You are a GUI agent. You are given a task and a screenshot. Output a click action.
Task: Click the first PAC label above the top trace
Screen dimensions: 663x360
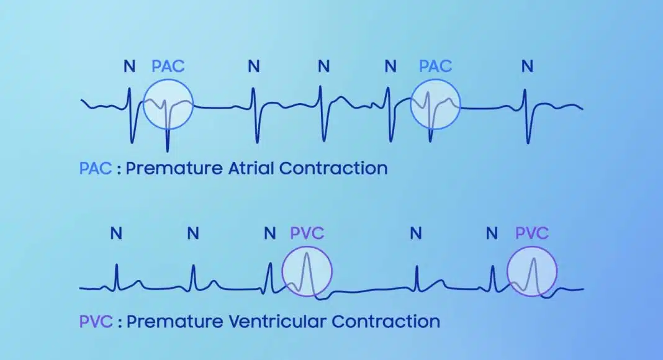168,66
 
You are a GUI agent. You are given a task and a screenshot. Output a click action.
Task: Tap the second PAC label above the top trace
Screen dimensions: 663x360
435,66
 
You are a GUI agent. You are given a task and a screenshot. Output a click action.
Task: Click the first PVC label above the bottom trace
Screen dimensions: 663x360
307,233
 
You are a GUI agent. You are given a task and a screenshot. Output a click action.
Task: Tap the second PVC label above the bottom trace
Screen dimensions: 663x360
532,233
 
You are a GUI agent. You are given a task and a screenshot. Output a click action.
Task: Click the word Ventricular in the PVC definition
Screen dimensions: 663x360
277,322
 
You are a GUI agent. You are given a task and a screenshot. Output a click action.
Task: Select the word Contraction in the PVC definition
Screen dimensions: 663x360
386,322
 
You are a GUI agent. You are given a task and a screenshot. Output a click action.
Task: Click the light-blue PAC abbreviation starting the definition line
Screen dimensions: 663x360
96,168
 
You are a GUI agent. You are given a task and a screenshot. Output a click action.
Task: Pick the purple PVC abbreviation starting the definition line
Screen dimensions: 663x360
96,322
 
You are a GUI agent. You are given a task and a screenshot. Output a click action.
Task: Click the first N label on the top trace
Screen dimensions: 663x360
129,66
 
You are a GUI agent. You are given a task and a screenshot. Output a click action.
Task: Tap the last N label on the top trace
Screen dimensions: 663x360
527,66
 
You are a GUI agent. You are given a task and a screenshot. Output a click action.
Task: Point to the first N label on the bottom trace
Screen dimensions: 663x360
116,233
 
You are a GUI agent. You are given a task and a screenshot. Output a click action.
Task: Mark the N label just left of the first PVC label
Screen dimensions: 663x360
269,233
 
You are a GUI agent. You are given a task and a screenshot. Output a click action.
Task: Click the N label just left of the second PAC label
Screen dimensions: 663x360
390,66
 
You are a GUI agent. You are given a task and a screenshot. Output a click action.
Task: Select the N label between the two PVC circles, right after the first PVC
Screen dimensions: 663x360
416,233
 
